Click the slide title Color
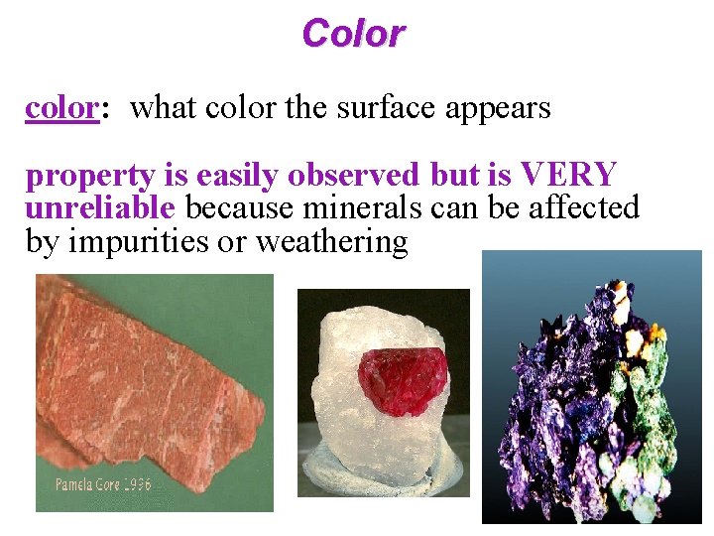pos(354,33)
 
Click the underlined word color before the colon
pos(59,108)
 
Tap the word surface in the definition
pos(375,108)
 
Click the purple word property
pos(90,177)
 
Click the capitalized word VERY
pos(569,176)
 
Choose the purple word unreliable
pos(100,208)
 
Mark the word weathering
pos(331,242)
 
